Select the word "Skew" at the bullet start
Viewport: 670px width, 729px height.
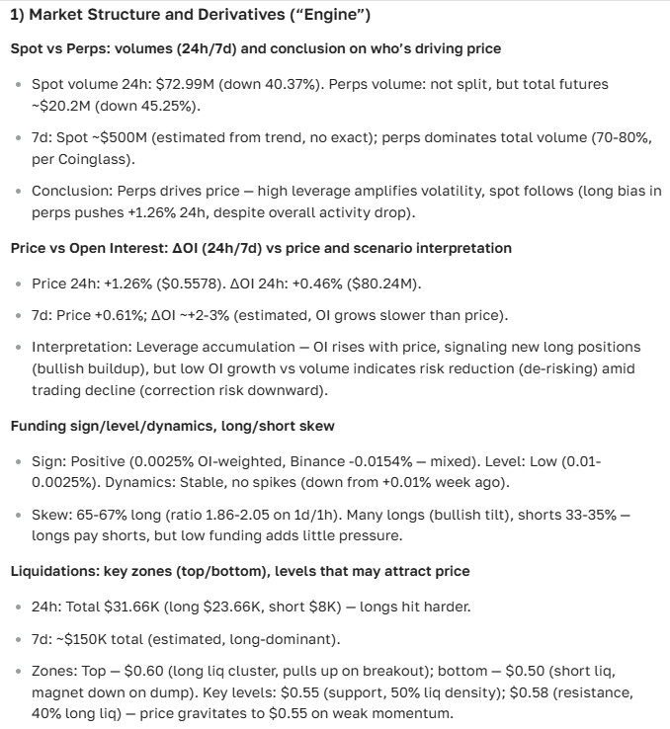coord(50,514)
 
